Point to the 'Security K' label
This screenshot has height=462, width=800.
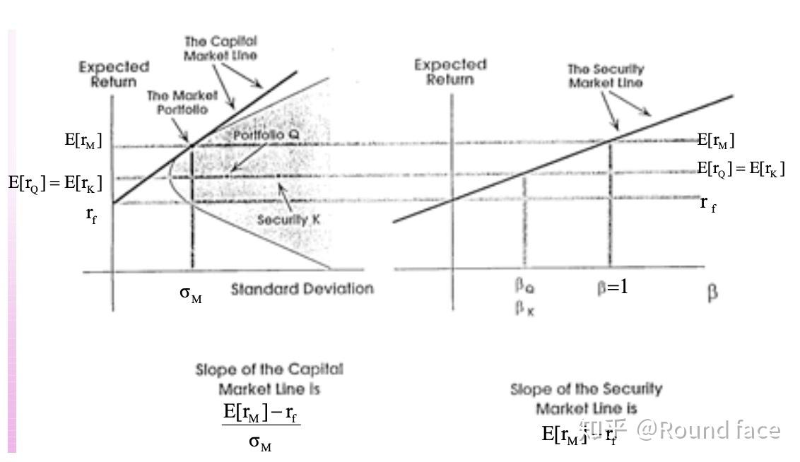click(288, 220)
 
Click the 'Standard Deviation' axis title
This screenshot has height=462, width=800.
click(302, 289)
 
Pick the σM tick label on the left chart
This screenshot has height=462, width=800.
click(190, 294)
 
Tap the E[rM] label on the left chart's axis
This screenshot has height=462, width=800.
click(83, 141)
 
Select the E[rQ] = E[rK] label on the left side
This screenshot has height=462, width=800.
click(55, 183)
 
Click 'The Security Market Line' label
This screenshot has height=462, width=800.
click(606, 76)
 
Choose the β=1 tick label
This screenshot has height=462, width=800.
click(612, 288)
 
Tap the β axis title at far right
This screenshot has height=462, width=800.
click(712, 292)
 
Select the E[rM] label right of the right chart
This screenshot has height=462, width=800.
click(716, 141)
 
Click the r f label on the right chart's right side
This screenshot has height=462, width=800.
click(707, 203)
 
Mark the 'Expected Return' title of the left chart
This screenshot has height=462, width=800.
click(114, 73)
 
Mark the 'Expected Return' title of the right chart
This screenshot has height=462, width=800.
click(450, 71)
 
